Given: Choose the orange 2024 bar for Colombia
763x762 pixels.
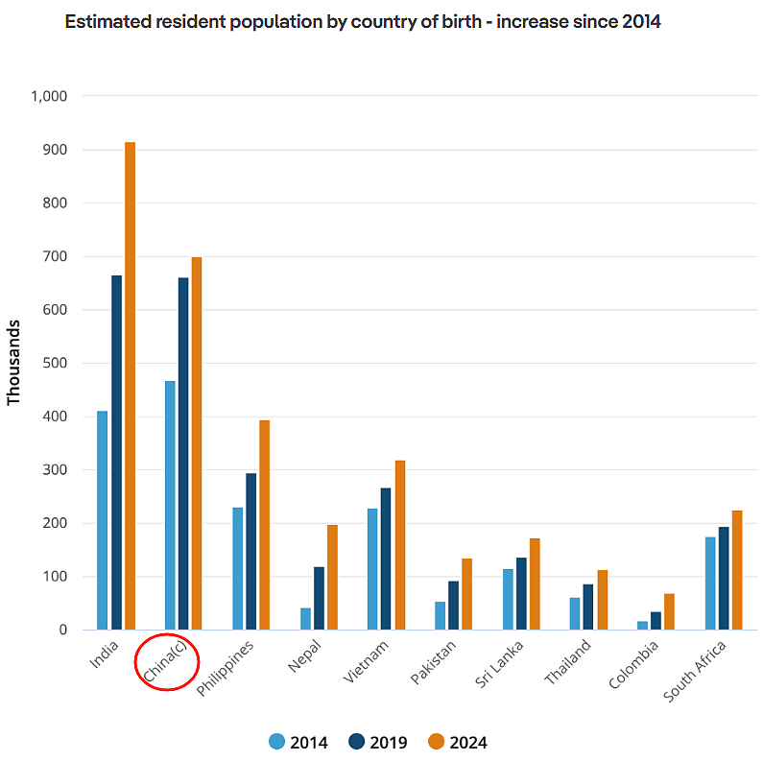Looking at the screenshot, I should point(669,611).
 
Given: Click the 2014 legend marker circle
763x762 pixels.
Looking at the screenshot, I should point(277,742).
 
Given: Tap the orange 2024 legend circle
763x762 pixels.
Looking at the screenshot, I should point(436,742).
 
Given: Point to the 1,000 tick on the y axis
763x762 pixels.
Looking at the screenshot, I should point(49,96).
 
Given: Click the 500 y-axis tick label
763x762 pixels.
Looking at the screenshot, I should point(55,364).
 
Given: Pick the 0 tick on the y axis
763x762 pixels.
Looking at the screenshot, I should point(62,631).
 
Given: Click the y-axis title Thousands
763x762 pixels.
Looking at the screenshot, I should point(14,363).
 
